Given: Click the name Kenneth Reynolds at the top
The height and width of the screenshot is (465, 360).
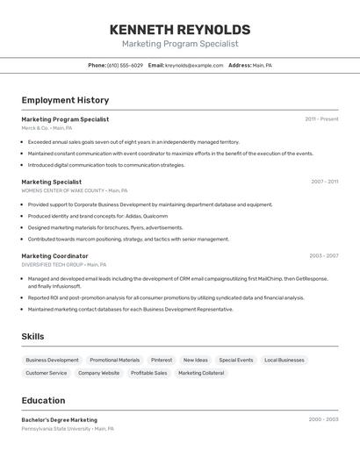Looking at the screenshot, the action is [180, 30].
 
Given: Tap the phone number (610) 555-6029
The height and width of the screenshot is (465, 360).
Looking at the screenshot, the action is [125, 65].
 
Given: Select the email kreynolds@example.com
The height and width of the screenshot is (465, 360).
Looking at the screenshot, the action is [194, 65].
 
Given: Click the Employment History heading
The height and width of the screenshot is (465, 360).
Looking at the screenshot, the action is [65, 100].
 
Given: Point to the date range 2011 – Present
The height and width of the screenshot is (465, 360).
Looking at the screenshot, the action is [321, 119].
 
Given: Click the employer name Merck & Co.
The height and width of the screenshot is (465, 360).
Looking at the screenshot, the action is [35, 128].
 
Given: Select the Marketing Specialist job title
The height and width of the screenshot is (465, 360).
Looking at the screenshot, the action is [52, 182].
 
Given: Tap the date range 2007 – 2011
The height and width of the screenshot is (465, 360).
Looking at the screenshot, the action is [324, 182].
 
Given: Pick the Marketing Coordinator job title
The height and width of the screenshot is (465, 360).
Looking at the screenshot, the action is [54, 256].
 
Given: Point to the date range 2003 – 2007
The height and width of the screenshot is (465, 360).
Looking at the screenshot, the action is [323, 256].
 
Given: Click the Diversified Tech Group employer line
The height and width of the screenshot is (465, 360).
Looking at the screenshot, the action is [52, 265].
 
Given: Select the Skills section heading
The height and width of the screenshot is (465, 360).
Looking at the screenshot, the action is [32, 337].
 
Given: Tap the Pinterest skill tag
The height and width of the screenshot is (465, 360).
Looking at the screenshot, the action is [162, 360].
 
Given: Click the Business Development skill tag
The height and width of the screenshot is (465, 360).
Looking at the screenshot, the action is [52, 360].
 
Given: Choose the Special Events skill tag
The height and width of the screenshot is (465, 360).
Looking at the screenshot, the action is [236, 360].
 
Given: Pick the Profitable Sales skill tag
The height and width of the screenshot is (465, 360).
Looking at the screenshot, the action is [148, 373].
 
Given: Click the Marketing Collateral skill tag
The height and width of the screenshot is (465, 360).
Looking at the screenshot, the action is [201, 373].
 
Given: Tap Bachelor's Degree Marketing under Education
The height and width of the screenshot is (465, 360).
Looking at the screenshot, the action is [60, 419].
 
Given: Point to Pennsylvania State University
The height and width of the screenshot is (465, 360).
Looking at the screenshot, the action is [56, 429].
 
